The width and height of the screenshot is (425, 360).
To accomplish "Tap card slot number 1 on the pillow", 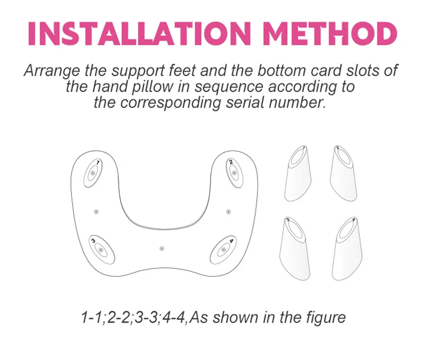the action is [93, 173].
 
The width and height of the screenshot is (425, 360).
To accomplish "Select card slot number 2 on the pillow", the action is [234, 173].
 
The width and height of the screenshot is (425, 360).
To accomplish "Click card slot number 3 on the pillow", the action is [102, 250].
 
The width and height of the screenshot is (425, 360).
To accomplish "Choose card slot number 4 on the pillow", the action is [223, 249].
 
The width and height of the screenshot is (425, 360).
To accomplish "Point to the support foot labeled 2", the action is [343, 174].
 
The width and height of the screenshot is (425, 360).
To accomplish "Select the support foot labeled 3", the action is [295, 249].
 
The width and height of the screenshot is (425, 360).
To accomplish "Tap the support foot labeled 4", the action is [347, 249].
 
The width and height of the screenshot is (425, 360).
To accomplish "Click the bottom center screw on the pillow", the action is [162, 248].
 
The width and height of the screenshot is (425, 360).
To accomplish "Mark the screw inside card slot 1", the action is [93, 174].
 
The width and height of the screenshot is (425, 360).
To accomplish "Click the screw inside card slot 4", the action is [224, 250].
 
